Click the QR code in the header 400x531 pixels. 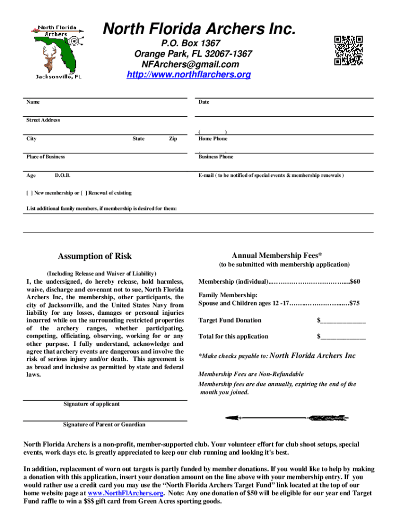348,51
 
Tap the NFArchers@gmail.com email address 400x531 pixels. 190,65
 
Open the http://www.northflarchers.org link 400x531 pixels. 189,75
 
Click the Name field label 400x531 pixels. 33,102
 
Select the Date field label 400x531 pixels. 204,102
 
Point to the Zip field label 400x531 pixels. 173,139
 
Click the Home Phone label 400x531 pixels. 212,139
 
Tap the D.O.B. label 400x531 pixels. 62,175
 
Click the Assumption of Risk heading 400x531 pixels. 95,256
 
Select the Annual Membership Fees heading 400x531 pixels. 276,255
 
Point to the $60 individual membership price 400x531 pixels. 355,282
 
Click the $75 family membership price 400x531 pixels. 355,303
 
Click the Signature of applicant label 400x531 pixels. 91,404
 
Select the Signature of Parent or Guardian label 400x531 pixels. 104,425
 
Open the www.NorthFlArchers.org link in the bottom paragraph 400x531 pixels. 126,493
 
